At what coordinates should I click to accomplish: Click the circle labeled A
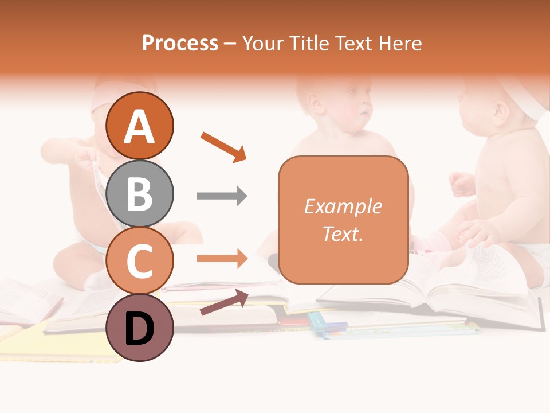[140, 126]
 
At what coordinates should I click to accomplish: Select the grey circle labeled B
[140, 193]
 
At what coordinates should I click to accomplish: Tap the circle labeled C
[140, 261]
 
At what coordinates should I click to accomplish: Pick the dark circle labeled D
[140, 328]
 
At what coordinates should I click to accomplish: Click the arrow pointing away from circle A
[223, 146]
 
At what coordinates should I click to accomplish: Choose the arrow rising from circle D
[224, 302]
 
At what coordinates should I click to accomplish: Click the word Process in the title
[180, 44]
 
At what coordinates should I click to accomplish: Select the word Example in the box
[343, 206]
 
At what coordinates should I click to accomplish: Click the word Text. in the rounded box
[343, 234]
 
